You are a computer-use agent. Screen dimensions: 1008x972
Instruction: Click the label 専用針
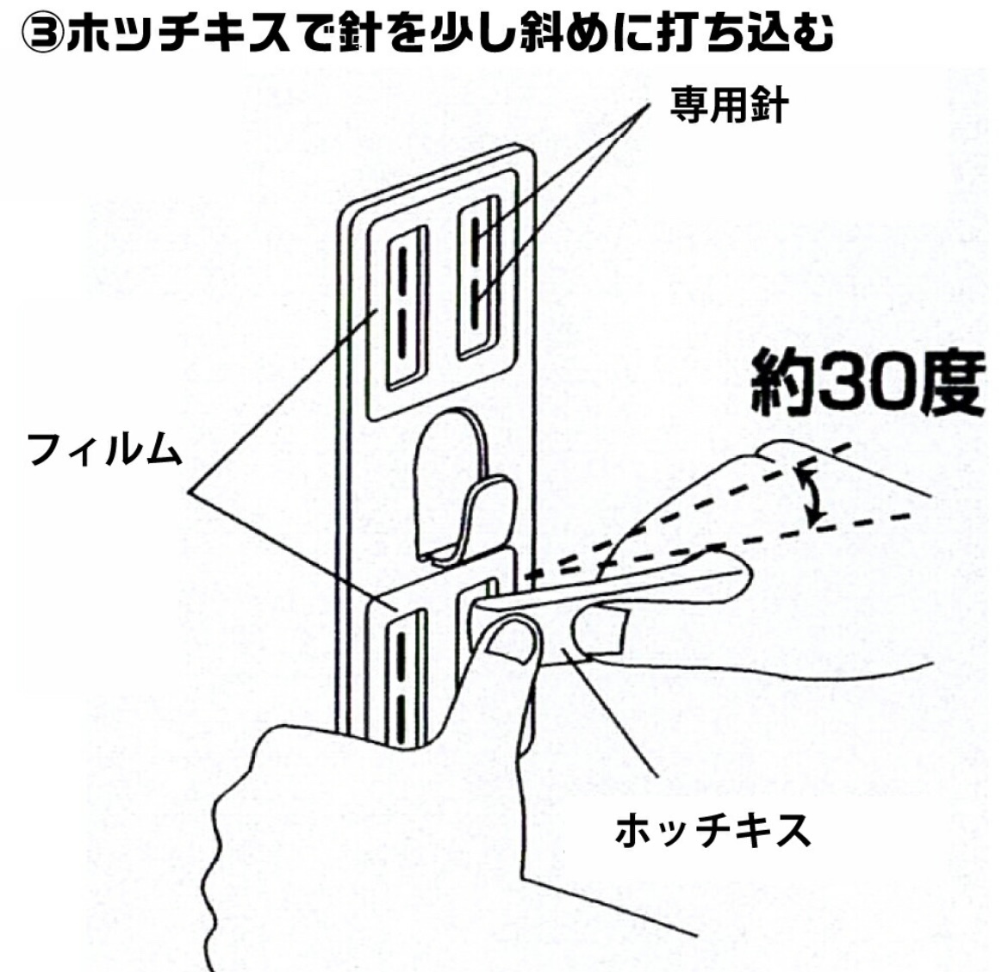coord(729,109)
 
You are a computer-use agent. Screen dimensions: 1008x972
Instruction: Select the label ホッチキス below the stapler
coord(712,830)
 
